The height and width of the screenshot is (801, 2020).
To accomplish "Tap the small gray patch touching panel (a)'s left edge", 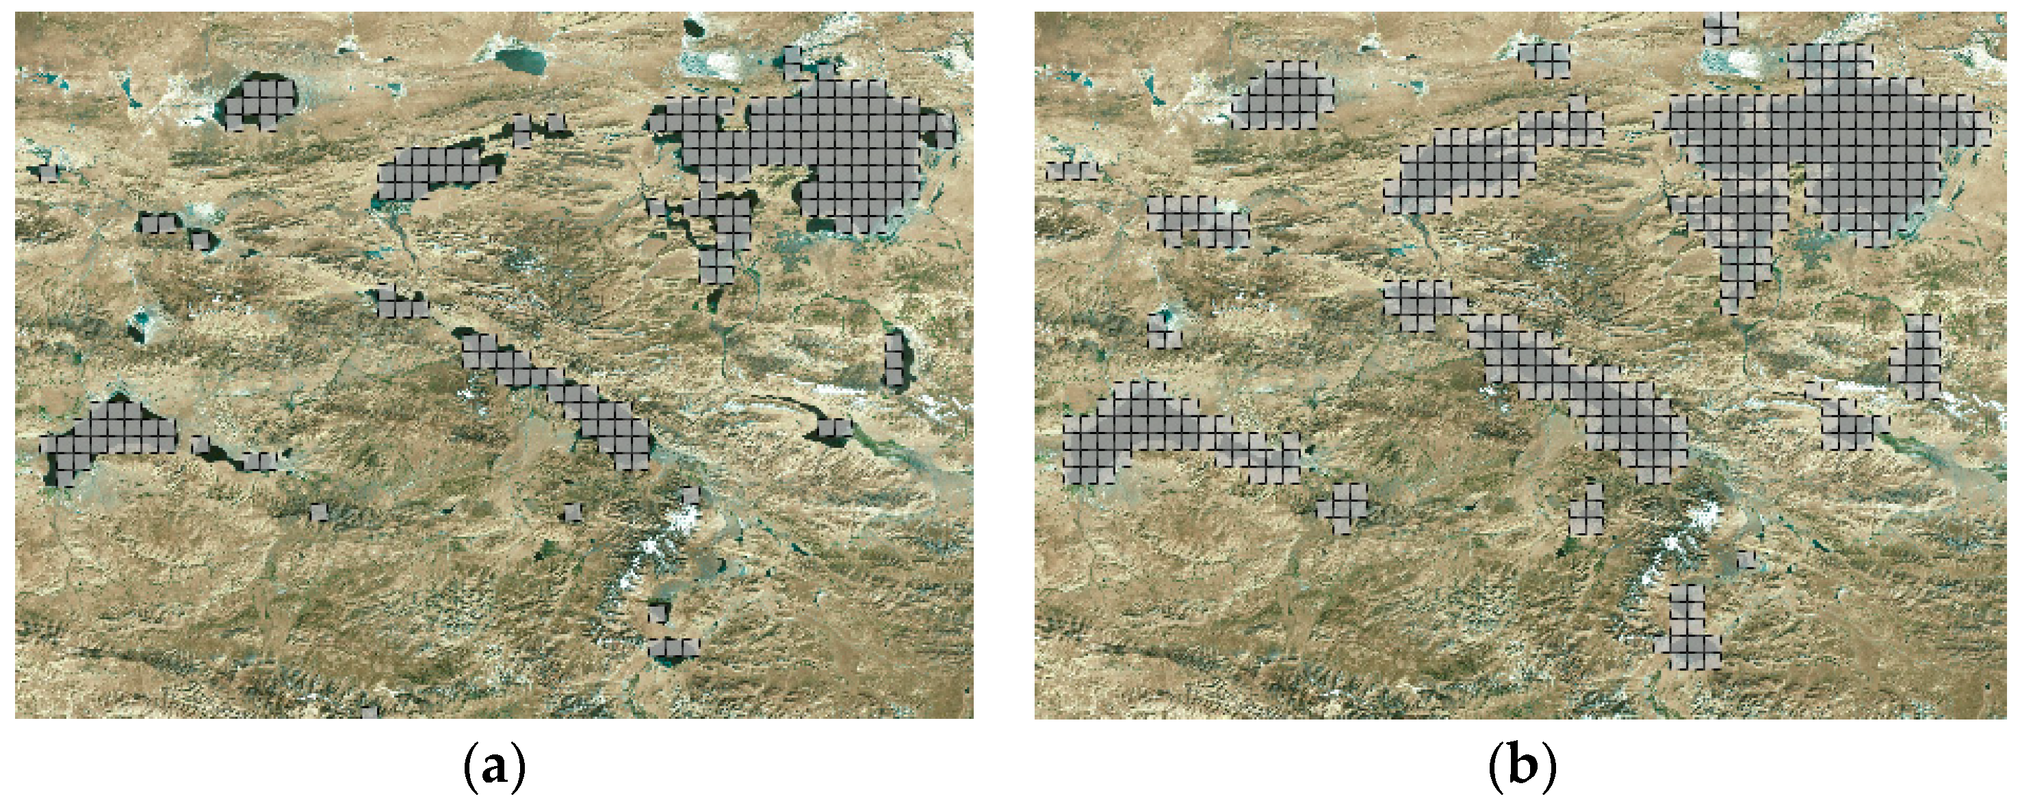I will pyautogui.click(x=48, y=172).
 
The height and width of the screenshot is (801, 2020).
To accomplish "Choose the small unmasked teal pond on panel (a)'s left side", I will pyautogui.click(x=141, y=320).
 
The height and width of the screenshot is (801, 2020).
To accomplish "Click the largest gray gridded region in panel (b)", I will pyautogui.click(x=1827, y=157).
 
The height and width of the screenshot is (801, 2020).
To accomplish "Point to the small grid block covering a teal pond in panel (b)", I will pyautogui.click(x=1165, y=329).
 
